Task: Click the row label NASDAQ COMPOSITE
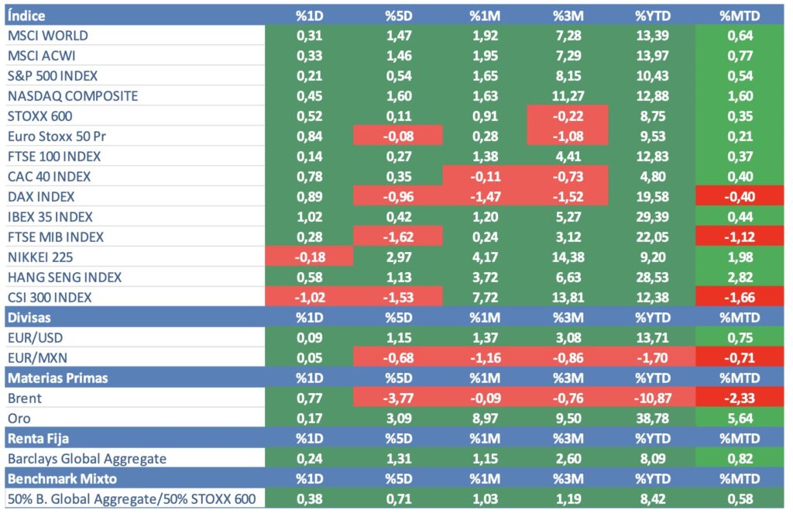click(73, 96)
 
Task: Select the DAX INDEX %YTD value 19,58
click(651, 197)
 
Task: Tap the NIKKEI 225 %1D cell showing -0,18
click(309, 257)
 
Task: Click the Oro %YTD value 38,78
click(651, 419)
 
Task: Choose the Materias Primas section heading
click(57, 378)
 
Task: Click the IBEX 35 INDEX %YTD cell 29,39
click(651, 217)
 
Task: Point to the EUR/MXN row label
click(39, 358)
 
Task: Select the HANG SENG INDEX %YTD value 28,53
click(651, 277)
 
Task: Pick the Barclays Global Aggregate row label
click(87, 459)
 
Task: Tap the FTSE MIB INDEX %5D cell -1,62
click(398, 237)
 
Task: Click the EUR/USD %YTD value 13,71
click(651, 338)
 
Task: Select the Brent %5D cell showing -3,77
click(398, 398)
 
